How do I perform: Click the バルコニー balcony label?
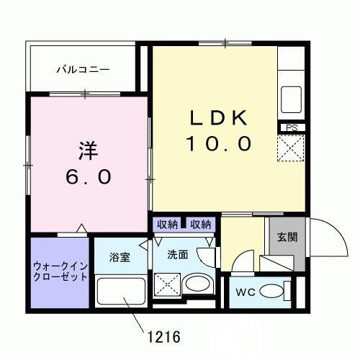point(84,70)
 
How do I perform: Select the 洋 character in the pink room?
point(87,151)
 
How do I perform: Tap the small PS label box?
point(292,128)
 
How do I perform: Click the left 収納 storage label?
point(168,224)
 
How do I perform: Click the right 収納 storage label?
point(201,224)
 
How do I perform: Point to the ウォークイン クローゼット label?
point(60,271)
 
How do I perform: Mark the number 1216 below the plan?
point(163,336)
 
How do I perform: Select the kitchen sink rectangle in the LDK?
point(292,96)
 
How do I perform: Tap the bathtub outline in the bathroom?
point(120,293)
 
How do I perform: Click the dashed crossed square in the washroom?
point(166,284)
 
